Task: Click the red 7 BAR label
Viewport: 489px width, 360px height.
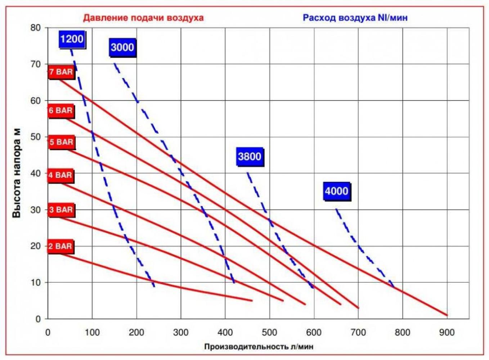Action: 61,72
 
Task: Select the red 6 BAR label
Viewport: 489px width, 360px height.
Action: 61,110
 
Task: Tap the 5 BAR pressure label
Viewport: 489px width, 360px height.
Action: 61,142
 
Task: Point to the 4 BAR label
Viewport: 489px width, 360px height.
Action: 60,175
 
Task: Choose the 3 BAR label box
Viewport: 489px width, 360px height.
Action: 61,210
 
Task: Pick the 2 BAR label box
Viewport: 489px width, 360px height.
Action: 60,246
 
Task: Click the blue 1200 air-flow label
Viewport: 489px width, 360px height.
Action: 72,39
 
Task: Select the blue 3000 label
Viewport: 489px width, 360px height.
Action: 122,47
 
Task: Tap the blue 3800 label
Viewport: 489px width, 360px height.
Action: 250,156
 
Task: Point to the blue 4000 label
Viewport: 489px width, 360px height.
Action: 336,191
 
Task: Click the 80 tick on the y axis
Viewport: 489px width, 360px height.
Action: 36,28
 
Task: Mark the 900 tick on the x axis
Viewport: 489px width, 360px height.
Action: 447,332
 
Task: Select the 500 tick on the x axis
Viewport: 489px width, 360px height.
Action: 269,332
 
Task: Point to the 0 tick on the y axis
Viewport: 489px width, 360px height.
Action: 38,319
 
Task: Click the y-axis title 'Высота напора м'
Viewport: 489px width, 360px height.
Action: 17,173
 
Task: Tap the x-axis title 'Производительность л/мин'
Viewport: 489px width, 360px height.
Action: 259,347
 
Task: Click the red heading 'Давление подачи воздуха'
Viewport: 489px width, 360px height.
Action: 143,18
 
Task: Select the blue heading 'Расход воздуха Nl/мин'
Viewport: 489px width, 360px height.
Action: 355,18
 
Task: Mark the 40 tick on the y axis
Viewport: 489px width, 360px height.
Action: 36,173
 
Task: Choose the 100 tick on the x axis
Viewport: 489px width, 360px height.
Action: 92,332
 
